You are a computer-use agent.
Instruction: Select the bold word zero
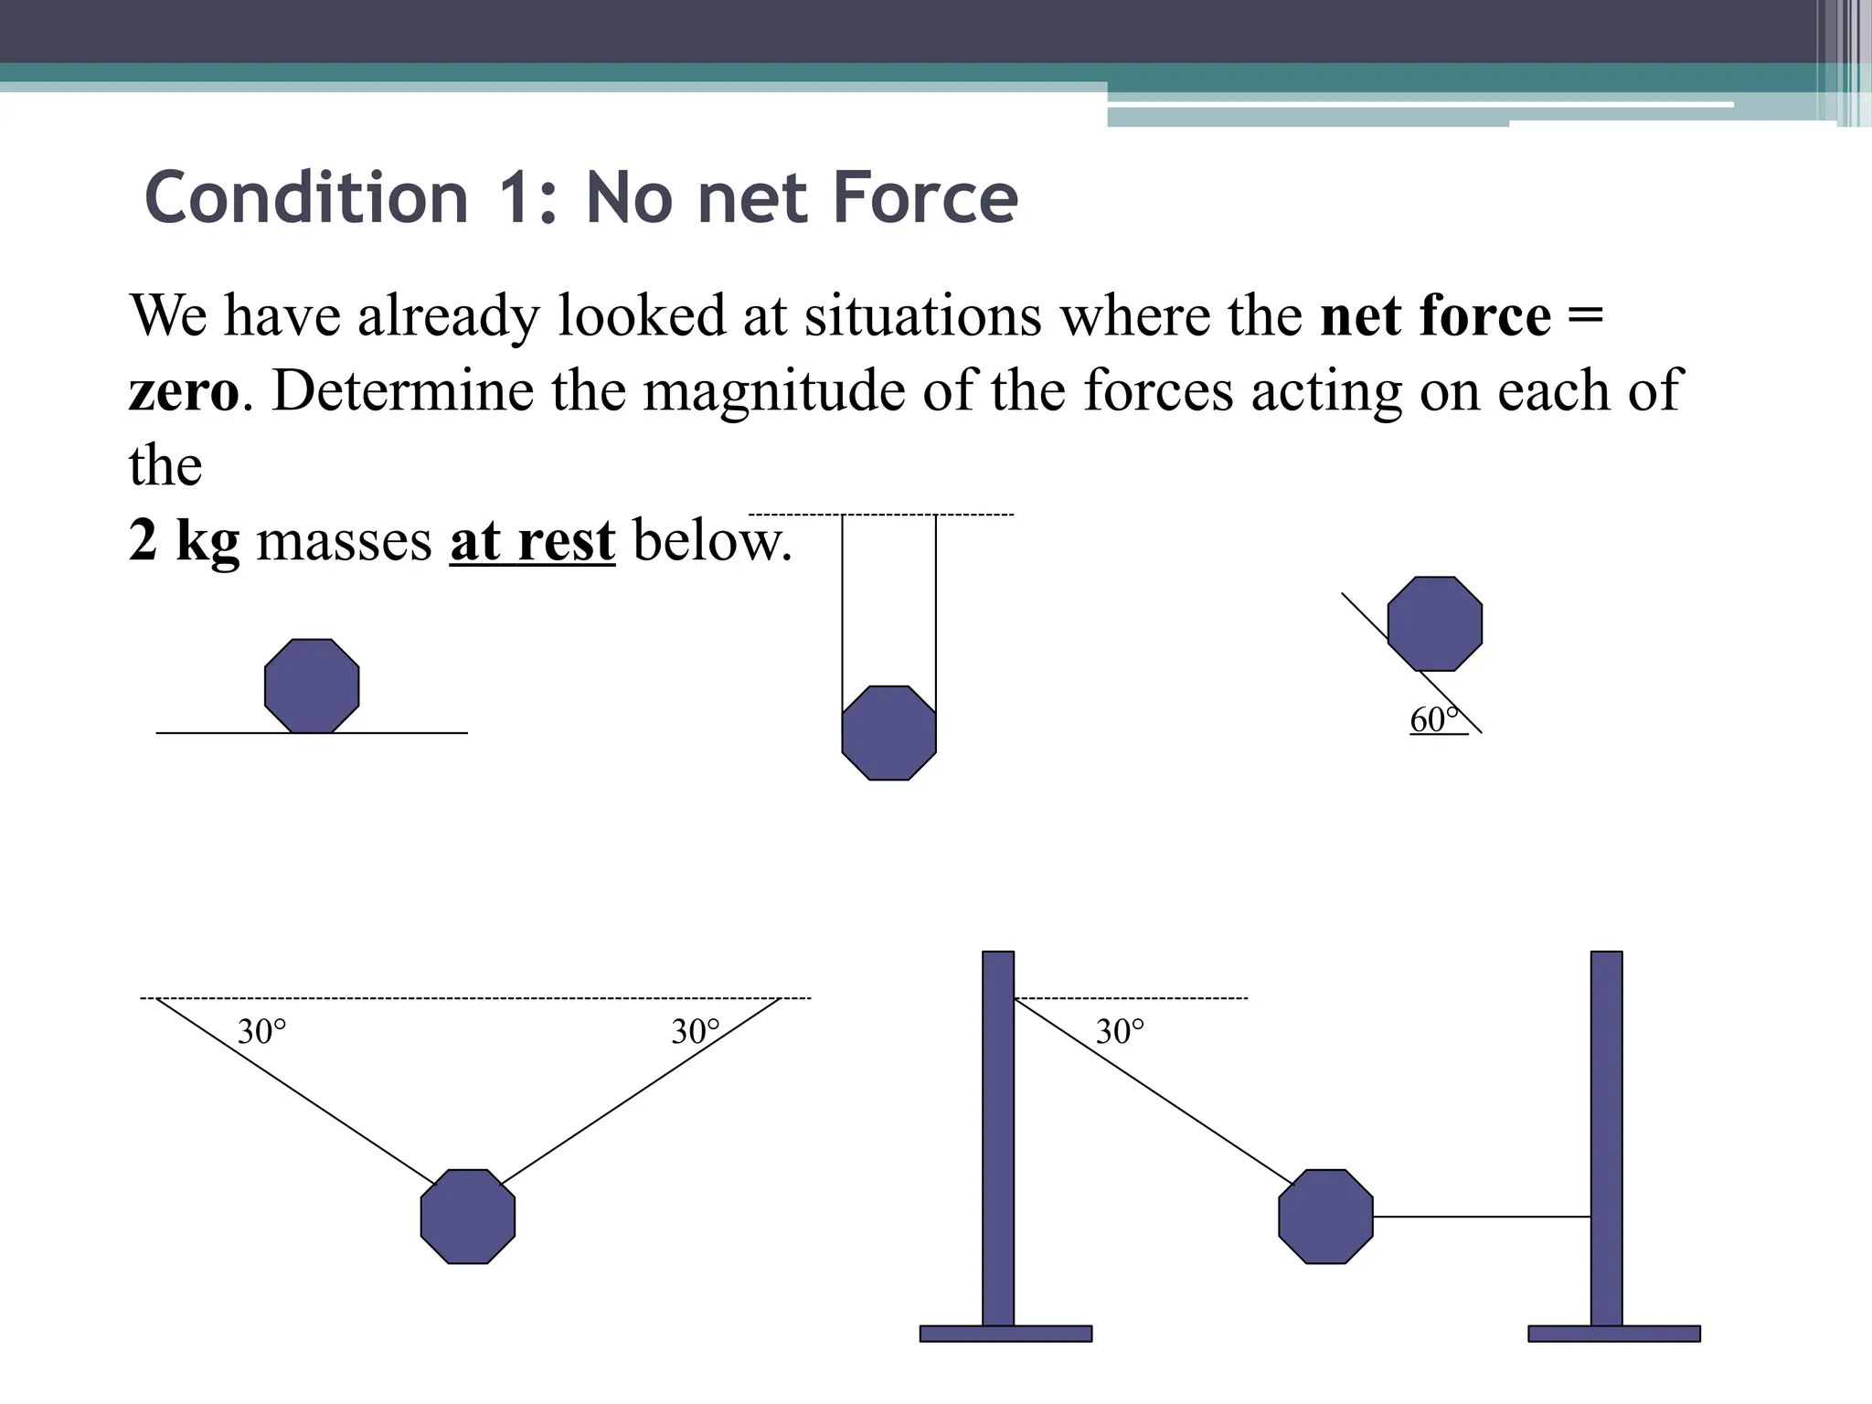184,392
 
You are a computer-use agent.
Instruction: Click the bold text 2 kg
184,540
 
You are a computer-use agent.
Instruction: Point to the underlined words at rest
532,540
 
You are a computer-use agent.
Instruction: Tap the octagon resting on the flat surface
312,686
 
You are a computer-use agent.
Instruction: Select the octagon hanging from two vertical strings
888,733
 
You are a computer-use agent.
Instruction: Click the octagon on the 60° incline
1434,623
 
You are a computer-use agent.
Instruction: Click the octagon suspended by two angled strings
468,1217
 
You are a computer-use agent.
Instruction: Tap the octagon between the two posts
1325,1217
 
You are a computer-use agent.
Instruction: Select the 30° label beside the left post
1120,1032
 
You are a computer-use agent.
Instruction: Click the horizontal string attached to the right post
1481,1217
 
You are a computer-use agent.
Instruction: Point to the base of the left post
1005,1334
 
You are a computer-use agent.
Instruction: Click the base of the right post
1614,1334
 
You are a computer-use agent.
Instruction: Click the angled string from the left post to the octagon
1152,1093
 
